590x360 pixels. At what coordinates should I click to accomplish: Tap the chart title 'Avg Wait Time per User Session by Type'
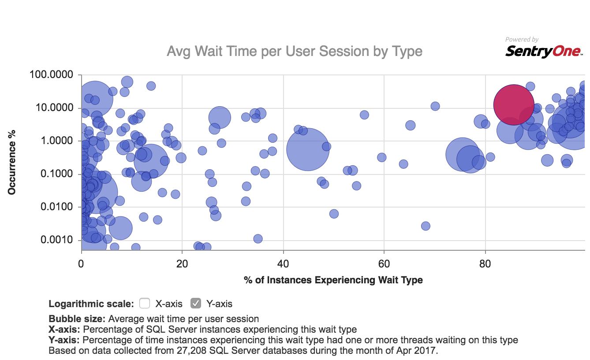(x=295, y=52)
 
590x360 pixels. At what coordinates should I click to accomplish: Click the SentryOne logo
(x=543, y=52)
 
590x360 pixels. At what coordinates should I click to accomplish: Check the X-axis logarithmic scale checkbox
(x=145, y=303)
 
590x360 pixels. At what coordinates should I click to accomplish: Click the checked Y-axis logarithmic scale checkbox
(x=196, y=303)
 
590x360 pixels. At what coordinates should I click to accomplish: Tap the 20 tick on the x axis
(x=182, y=265)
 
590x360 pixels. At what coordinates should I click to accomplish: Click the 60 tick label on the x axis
(x=384, y=265)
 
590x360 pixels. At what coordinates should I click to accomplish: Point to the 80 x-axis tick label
(x=485, y=265)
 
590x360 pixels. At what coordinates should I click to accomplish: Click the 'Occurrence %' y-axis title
(x=12, y=162)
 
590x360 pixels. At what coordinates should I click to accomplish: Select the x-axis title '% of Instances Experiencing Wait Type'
(x=333, y=280)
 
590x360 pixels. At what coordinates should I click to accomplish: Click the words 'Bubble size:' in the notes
(x=77, y=319)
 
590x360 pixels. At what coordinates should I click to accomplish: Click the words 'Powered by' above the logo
(x=522, y=40)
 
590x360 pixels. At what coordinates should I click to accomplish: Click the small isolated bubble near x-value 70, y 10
(x=435, y=106)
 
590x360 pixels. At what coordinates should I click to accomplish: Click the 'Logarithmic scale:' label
(x=91, y=304)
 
